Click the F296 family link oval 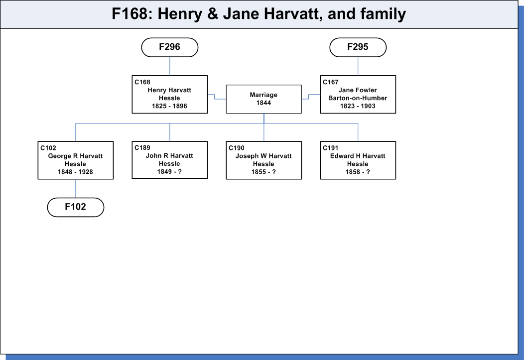point(170,47)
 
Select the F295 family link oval point(358,47)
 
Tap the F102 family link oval point(76,207)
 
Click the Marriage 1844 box point(263,99)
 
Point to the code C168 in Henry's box point(142,82)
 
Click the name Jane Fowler point(358,90)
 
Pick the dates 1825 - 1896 point(169,106)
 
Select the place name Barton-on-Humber point(358,98)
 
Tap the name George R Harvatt point(76,156)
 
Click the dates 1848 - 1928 point(75,172)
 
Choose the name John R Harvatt point(169,156)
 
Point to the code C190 point(237,148)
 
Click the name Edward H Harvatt point(358,156)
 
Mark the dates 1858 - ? point(358,172)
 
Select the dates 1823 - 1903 point(358,106)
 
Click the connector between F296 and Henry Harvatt point(170,66)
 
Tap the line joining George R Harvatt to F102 point(76,188)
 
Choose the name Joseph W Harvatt point(263,156)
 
